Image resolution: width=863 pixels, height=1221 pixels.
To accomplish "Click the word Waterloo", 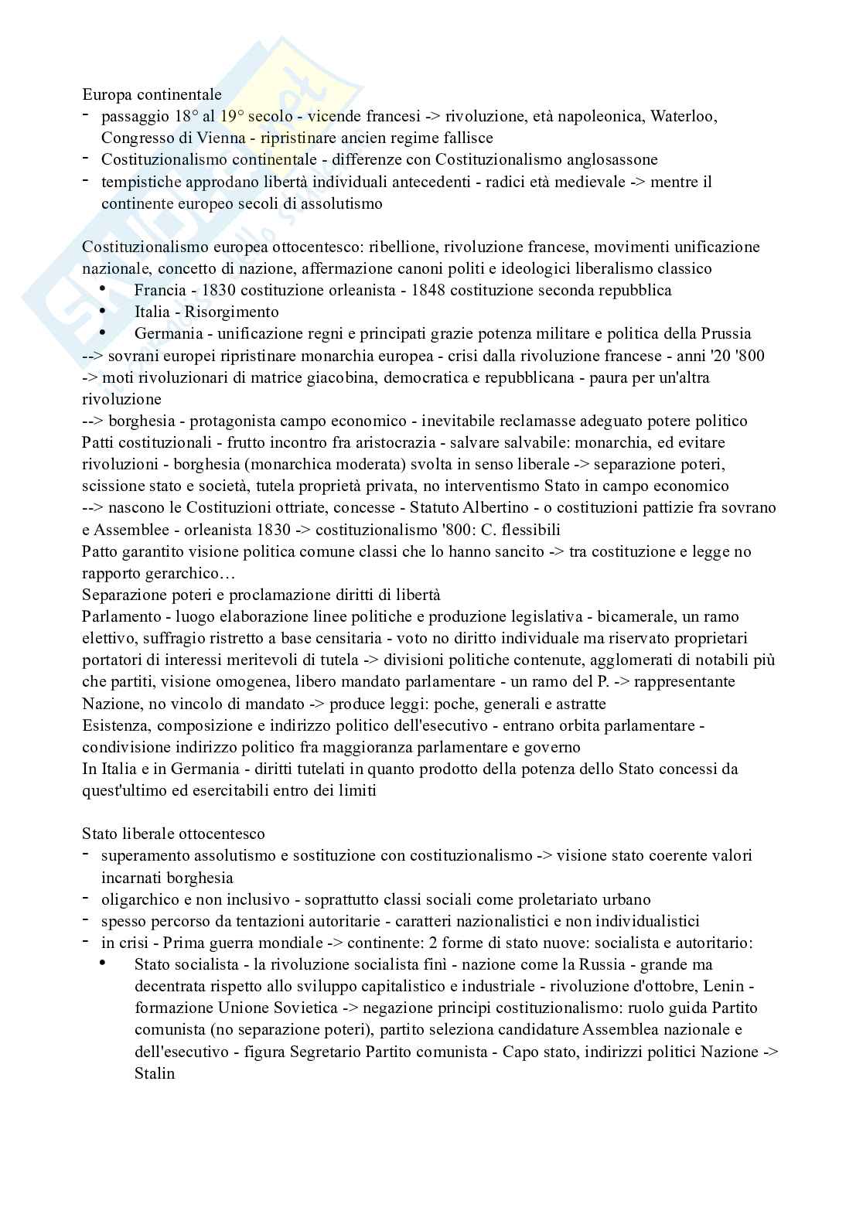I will pyautogui.click(x=683, y=117).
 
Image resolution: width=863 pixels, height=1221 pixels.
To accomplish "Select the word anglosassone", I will pyautogui.click(x=612, y=160).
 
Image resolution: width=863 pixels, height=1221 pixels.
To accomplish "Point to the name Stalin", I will pyautogui.click(x=155, y=1074).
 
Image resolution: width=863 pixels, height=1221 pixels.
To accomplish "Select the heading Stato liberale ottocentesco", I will pyautogui.click(x=173, y=834).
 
